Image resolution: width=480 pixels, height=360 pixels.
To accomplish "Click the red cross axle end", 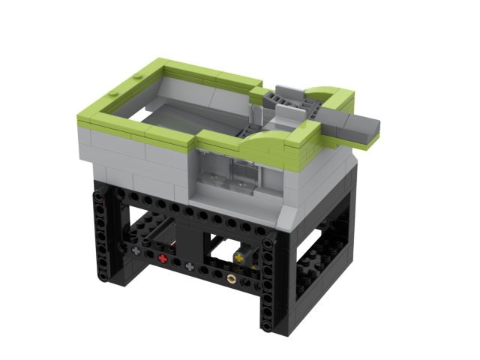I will (x=163, y=258).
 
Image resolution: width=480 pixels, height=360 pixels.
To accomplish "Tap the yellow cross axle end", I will (x=239, y=258).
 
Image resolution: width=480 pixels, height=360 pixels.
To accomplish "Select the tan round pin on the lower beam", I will (x=232, y=278).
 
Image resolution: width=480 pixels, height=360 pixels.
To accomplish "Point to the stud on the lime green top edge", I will (x=115, y=95).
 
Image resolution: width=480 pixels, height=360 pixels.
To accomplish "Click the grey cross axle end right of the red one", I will (x=190, y=266).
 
